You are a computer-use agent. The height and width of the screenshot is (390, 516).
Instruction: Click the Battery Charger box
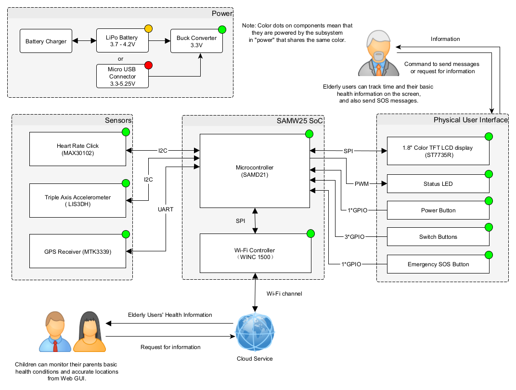pos(46,41)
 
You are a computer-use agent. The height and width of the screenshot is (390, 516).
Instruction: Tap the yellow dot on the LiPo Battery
pos(148,28)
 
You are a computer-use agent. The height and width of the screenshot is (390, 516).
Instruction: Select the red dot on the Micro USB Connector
pos(148,65)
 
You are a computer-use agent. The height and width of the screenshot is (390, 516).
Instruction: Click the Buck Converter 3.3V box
pos(196,41)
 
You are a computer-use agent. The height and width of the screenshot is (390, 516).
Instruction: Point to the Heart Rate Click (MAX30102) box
pos(77,149)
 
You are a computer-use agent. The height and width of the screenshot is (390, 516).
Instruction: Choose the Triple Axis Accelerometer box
pos(77,200)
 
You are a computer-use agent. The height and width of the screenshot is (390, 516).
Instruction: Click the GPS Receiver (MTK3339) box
pos(77,251)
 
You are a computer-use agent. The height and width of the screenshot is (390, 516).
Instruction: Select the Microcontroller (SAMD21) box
pos(255,171)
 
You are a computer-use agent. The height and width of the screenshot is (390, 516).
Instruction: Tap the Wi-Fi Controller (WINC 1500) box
pos(256,253)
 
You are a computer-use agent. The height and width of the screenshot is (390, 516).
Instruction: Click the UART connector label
pos(166,209)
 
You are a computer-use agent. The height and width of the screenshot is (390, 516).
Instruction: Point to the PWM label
pos(361,184)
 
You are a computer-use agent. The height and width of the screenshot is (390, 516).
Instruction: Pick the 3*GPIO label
pos(354,236)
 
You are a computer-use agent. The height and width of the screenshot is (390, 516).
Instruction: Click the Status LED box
pos(438,183)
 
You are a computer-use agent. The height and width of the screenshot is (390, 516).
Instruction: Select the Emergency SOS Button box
pos(438,264)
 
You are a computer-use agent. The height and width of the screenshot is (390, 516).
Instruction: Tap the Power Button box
pos(438,210)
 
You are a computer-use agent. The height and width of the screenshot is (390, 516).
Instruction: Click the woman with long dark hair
pos(89,332)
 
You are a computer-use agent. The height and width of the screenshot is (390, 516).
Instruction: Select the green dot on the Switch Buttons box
pos(489,227)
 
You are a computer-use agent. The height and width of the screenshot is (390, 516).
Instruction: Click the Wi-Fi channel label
pos(284,294)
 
